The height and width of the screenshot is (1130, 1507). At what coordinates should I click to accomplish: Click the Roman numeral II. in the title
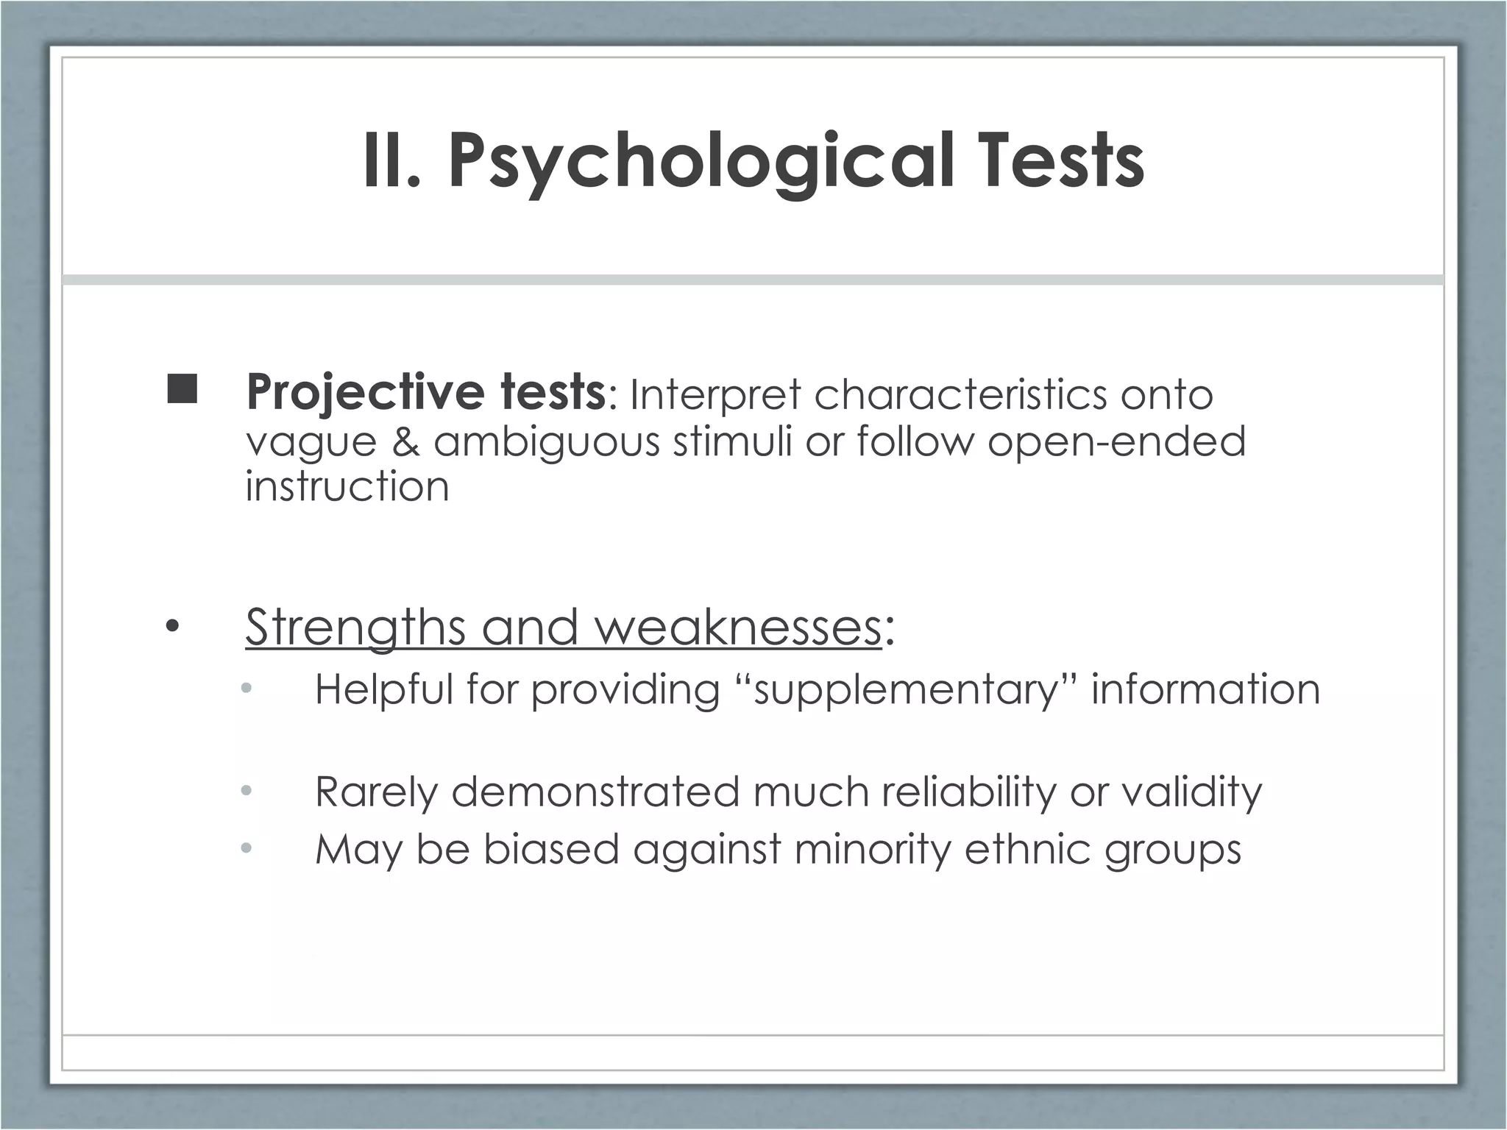pyautogui.click(x=391, y=161)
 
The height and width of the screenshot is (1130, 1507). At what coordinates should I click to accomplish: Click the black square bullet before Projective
pyautogui.click(x=182, y=389)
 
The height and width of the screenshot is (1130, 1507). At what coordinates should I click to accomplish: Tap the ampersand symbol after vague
pyautogui.click(x=405, y=441)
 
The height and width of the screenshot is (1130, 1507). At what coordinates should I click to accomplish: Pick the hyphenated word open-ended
pyautogui.click(x=1116, y=441)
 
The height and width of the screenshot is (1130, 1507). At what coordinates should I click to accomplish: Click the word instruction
pyautogui.click(x=347, y=486)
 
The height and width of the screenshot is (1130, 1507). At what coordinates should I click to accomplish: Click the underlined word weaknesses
pyautogui.click(x=737, y=628)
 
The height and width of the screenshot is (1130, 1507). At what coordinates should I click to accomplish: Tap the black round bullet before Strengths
pyautogui.click(x=172, y=628)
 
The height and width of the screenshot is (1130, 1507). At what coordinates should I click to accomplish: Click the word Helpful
pyautogui.click(x=383, y=690)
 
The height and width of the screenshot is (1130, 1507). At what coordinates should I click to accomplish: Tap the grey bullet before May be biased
pyautogui.click(x=246, y=849)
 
